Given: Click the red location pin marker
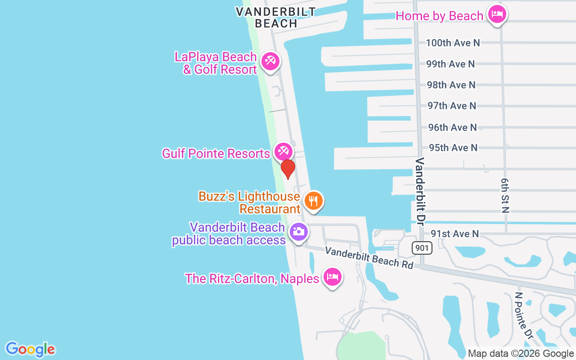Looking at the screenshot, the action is tap(288, 169).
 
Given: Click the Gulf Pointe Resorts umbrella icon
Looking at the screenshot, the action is tap(283, 152).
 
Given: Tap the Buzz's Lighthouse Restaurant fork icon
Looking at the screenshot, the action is tap(313, 201).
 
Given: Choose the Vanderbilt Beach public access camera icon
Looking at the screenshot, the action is tap(298, 232).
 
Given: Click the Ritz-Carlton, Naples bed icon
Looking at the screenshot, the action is tap(332, 277).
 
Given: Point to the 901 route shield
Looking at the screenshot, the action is tap(422, 247).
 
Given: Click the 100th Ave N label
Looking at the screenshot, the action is tap(453, 43).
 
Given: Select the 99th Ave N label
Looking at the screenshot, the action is tap(450, 64).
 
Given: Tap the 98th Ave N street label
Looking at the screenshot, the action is tap(451, 85).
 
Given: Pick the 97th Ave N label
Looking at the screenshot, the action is tap(452, 106).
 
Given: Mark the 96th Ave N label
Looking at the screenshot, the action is tap(452, 127).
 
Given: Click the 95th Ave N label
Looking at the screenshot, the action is tap(453, 148).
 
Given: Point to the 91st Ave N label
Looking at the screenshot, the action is tap(455, 234).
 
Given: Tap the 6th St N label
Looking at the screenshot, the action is tap(505, 194).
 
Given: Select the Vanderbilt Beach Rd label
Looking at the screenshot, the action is tap(369, 257).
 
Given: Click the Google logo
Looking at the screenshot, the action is tap(30, 349).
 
